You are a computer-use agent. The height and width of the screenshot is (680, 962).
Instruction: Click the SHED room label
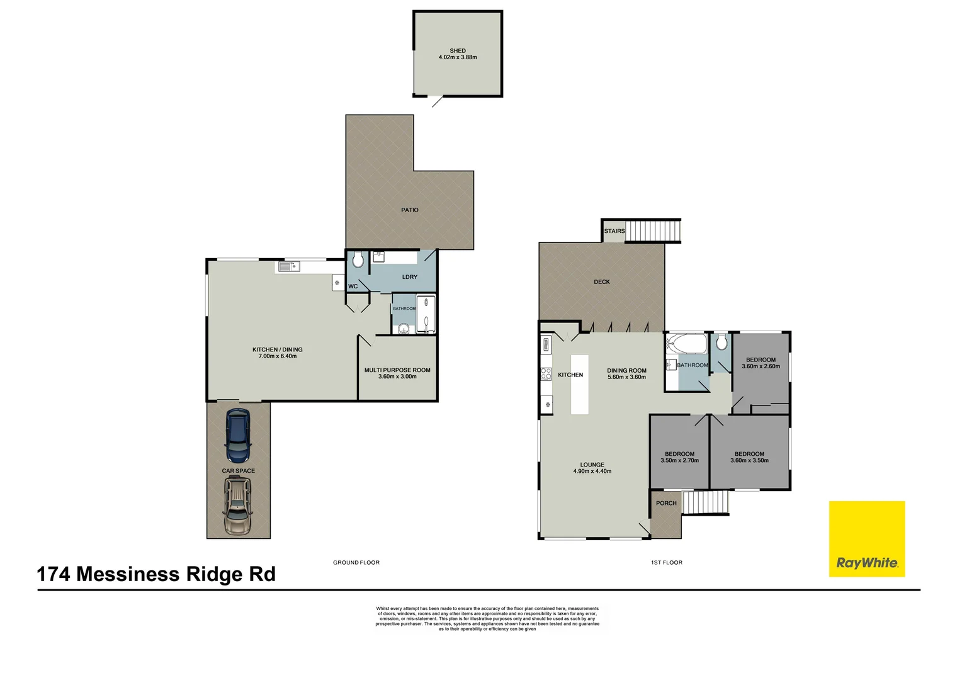coord(458,51)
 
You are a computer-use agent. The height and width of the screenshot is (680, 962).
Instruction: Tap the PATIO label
coord(410,210)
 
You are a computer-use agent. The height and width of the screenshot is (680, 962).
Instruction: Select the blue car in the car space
coord(238,436)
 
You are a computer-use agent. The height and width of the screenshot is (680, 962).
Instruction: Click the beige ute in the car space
coord(237,506)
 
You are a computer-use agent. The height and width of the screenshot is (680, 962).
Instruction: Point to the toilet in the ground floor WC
coord(358,260)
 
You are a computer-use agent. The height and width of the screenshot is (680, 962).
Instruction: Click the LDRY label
coord(410,277)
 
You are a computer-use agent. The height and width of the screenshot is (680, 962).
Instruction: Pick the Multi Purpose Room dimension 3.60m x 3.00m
coord(397,377)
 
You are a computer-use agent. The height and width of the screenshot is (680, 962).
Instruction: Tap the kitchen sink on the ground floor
coord(289,267)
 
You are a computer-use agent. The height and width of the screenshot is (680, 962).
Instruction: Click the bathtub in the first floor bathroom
coord(687,344)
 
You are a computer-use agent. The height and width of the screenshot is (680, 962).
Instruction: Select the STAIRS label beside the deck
coord(614,231)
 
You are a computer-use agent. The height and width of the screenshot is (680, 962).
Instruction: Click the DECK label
coord(602,282)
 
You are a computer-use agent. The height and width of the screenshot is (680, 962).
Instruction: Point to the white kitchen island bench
coord(580,384)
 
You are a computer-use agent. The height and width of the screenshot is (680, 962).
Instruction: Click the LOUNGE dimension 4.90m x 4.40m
coord(592,471)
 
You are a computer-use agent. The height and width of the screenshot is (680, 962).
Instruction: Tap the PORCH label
coord(666,503)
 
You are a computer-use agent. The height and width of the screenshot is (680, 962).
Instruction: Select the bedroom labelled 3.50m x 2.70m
coord(679,457)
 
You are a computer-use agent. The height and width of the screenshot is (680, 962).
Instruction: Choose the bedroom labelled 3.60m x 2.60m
coord(761,363)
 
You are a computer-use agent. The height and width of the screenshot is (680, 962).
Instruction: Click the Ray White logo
coord(866,539)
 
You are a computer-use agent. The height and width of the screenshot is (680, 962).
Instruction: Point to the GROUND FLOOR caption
coord(356,563)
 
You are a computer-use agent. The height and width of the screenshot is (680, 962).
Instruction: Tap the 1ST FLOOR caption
coord(667,563)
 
